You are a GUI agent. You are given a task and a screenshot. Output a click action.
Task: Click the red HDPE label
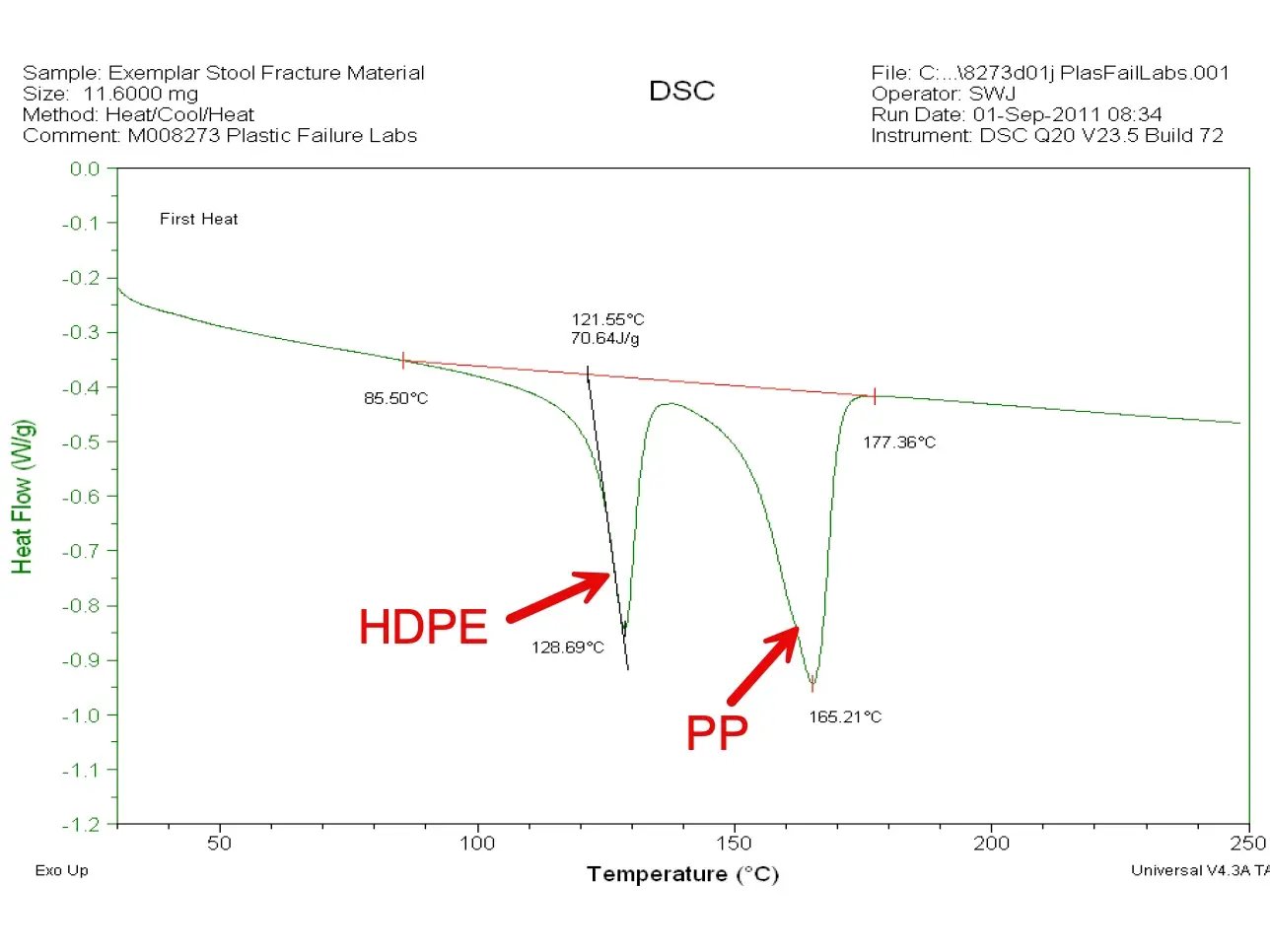(423, 627)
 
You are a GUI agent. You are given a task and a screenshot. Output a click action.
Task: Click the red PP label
(717, 732)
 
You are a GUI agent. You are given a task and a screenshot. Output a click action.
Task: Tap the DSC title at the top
(681, 91)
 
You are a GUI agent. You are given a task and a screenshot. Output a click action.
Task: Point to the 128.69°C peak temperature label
(567, 647)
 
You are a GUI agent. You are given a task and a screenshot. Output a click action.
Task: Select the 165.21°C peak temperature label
(845, 716)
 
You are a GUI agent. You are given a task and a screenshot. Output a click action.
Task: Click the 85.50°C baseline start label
(395, 398)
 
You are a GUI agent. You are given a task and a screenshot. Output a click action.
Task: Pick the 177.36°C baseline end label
(899, 442)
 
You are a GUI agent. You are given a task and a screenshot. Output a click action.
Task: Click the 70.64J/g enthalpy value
(604, 338)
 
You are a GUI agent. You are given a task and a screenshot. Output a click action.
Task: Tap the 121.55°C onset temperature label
(607, 319)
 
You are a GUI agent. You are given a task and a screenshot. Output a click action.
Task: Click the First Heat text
(198, 219)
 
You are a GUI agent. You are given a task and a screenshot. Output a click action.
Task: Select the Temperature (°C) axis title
(682, 874)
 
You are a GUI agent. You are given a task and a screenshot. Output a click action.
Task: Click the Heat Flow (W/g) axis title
(23, 497)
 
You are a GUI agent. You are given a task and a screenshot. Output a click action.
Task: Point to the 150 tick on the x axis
(734, 844)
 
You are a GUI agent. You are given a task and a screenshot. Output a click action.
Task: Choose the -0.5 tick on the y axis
(81, 442)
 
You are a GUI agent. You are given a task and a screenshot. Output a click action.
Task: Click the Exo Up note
(61, 870)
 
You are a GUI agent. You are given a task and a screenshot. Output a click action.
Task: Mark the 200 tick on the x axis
(991, 844)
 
